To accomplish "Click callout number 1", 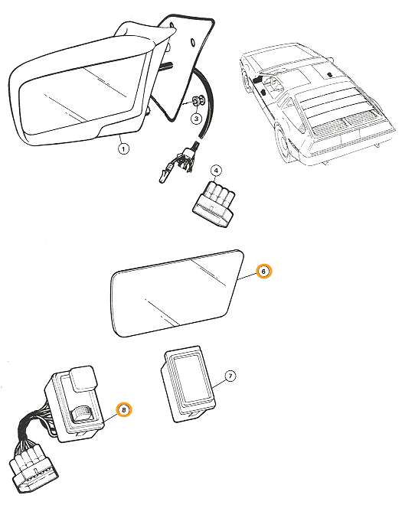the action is tap(123, 148).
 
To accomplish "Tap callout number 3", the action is tap(196, 119).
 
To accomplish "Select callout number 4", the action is tap(216, 171).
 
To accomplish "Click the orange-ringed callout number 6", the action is tap(264, 271).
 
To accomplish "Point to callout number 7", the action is tap(230, 376).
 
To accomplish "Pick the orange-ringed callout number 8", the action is tap(123, 410).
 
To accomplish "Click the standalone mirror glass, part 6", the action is tap(177, 293).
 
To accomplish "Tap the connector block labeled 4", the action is tap(214, 204).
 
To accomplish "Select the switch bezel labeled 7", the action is tap(188, 384).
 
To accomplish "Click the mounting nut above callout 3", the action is tap(198, 100).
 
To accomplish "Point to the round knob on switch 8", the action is tap(81, 415).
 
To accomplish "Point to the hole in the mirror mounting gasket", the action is tap(192, 42).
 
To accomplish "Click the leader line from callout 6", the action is tap(247, 275).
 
